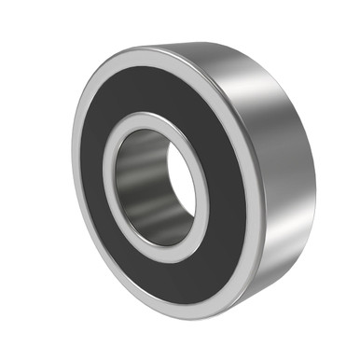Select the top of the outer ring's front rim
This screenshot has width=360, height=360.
[149, 58]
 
